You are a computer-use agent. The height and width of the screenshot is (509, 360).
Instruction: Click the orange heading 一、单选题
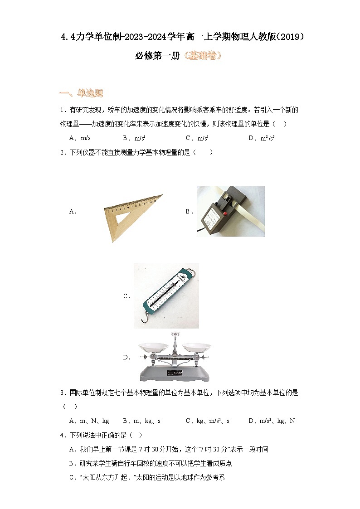(81, 93)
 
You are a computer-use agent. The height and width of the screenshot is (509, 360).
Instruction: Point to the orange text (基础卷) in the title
(203, 56)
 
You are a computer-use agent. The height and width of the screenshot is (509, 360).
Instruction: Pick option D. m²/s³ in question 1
(262, 138)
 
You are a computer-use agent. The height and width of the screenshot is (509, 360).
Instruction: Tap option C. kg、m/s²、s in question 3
(207, 421)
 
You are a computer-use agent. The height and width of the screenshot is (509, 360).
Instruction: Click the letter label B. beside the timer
(189, 211)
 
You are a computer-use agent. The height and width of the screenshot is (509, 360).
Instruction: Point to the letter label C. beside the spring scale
(126, 296)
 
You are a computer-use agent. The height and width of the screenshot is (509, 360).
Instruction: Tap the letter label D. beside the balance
(126, 357)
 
